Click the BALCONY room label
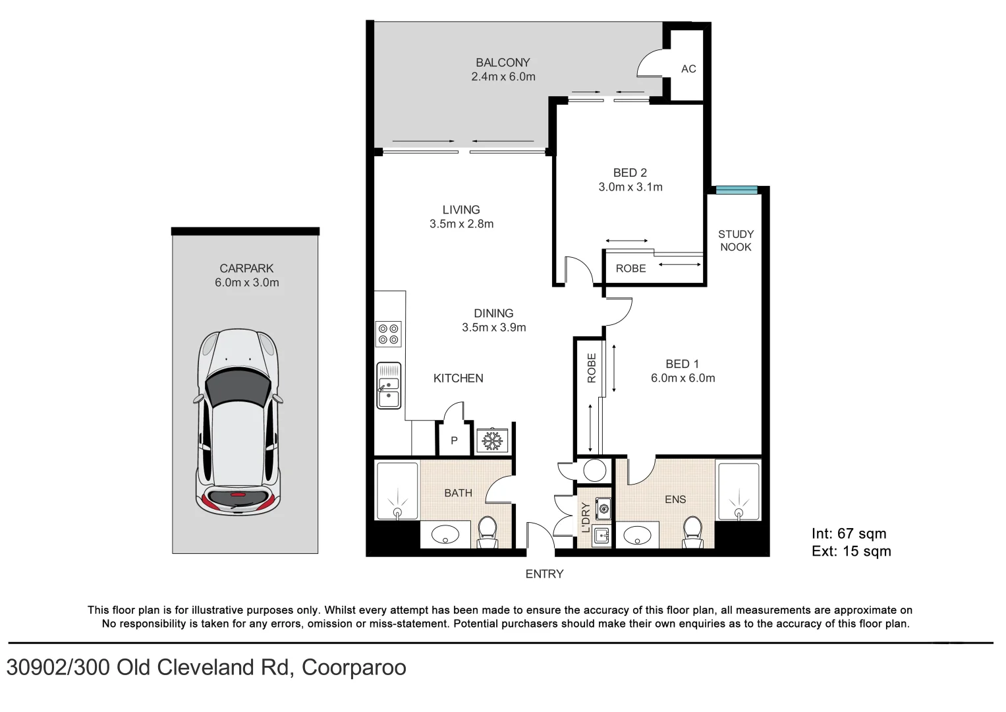click(503, 63)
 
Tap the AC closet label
click(688, 69)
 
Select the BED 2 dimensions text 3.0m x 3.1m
click(630, 187)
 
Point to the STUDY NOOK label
click(736, 241)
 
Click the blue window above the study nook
click(737, 190)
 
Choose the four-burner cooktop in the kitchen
click(388, 334)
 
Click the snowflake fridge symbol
click(492, 440)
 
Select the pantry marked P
click(454, 440)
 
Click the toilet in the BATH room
click(487, 531)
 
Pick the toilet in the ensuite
click(692, 531)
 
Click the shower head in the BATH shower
click(397, 512)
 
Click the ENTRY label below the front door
click(544, 574)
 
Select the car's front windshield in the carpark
click(238, 392)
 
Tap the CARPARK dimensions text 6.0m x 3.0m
click(247, 283)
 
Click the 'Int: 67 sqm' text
click(849, 534)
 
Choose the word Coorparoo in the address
click(354, 668)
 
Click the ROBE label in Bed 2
click(630, 269)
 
